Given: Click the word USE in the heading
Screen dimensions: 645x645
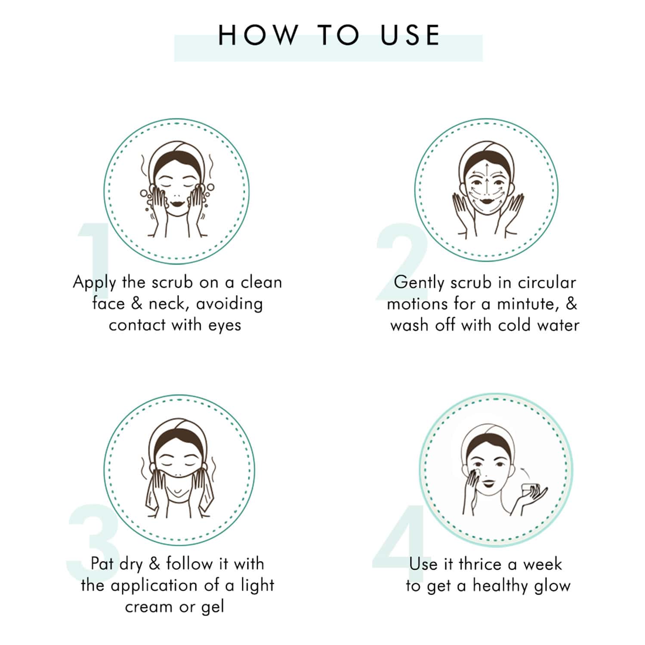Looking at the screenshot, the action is click(410, 35).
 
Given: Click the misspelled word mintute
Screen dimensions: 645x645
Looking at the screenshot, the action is click(526, 304).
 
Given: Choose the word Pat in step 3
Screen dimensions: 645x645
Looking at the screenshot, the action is click(102, 563).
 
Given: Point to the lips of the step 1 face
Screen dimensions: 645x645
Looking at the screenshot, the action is click(177, 202).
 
